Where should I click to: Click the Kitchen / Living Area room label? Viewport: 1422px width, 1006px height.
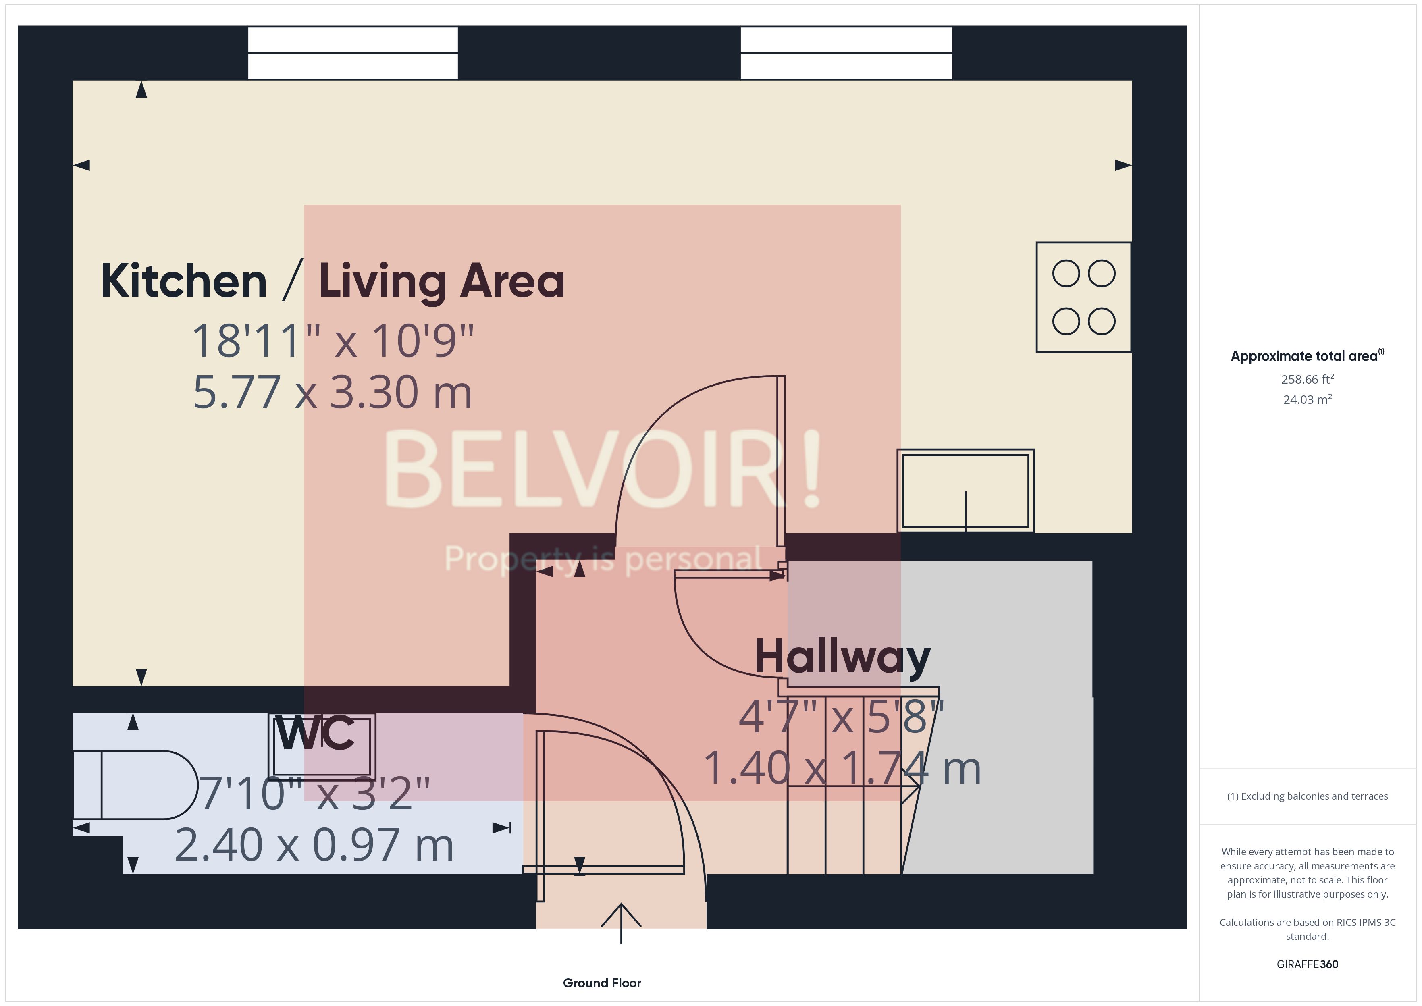click(x=332, y=281)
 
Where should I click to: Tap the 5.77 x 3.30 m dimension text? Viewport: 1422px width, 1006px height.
click(x=332, y=392)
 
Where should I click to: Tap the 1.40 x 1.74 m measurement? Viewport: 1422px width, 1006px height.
click(x=842, y=768)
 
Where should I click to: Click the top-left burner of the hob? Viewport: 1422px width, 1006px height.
click(x=1066, y=273)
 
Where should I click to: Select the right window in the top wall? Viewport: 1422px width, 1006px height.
click(x=846, y=53)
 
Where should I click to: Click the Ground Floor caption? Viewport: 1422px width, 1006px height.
click(x=602, y=983)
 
